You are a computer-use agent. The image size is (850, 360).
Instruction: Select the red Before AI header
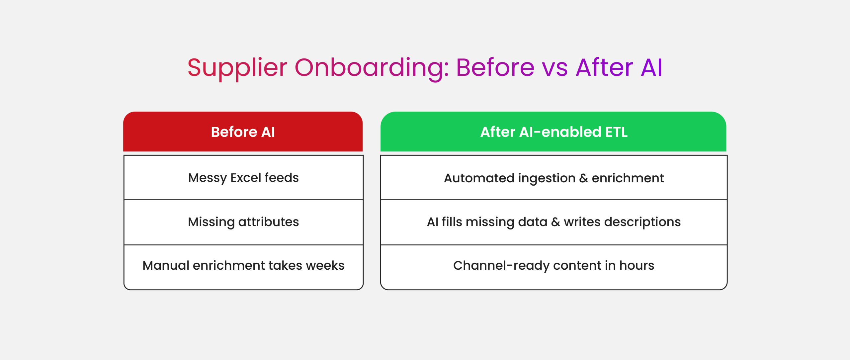click(x=243, y=132)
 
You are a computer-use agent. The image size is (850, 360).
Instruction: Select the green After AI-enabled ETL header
click(x=553, y=132)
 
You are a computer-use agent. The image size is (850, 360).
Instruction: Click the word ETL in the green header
click(x=617, y=132)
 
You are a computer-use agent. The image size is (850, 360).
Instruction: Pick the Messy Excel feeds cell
click(x=243, y=178)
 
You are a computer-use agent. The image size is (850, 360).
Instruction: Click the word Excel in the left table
click(x=246, y=178)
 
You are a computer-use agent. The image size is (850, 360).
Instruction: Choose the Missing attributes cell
click(x=243, y=222)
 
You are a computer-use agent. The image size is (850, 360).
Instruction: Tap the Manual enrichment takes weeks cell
click(x=243, y=267)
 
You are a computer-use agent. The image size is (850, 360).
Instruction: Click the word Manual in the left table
click(x=166, y=265)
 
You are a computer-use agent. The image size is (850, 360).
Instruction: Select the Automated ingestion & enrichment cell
click(x=554, y=178)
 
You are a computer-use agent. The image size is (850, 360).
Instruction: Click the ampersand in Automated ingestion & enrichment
click(x=584, y=178)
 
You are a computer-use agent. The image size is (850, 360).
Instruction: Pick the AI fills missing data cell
click(x=554, y=222)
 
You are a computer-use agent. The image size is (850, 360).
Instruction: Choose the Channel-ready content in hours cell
click(x=554, y=267)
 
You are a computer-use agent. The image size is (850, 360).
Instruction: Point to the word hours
click(x=637, y=265)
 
